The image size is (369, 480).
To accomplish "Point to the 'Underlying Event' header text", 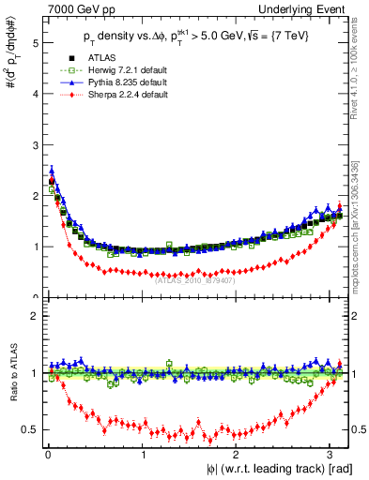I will click(x=309, y=9).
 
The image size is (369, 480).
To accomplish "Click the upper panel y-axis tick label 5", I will click(x=34, y=43).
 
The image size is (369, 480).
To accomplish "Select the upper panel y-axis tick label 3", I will click(x=34, y=145).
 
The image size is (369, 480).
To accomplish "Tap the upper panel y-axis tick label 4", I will click(x=34, y=95).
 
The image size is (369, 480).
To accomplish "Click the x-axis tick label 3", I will click(x=331, y=454).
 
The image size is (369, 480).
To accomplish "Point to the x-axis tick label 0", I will click(x=46, y=454).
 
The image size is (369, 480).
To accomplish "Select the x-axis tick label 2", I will click(x=236, y=454).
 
